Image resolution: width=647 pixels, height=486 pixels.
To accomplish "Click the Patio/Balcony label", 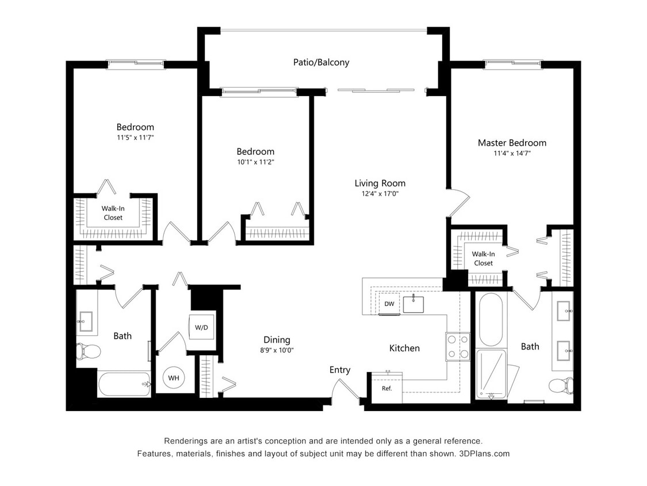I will click(321, 62).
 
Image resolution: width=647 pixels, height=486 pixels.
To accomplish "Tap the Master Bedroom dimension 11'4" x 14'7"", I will click(512, 153).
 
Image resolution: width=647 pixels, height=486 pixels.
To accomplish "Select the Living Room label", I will click(380, 183).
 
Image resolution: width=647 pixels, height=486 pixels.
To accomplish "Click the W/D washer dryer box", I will click(201, 328).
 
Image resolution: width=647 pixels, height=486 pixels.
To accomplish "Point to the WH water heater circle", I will click(173, 378).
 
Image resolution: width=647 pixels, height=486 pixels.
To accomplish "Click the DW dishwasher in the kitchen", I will click(389, 304).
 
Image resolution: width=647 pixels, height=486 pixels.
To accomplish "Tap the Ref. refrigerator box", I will click(386, 388).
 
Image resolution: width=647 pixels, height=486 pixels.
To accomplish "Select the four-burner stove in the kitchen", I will click(457, 347).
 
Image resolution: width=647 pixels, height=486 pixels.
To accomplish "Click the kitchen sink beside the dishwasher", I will click(414, 303).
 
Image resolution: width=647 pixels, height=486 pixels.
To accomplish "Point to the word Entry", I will click(340, 370).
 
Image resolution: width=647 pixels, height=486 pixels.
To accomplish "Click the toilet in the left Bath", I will click(89, 350).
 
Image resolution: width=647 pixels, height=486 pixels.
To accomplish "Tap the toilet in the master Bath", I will click(560, 385).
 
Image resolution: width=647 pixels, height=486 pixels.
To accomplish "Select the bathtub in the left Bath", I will click(124, 384).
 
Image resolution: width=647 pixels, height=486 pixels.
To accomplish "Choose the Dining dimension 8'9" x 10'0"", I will click(277, 350).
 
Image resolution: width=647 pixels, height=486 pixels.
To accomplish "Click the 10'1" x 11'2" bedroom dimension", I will click(255, 162).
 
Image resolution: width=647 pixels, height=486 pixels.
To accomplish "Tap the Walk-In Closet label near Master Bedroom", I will click(483, 259).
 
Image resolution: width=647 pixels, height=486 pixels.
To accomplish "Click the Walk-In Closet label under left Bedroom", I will click(113, 213).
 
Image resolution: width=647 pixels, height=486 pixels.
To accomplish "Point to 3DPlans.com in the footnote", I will click(484, 453).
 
